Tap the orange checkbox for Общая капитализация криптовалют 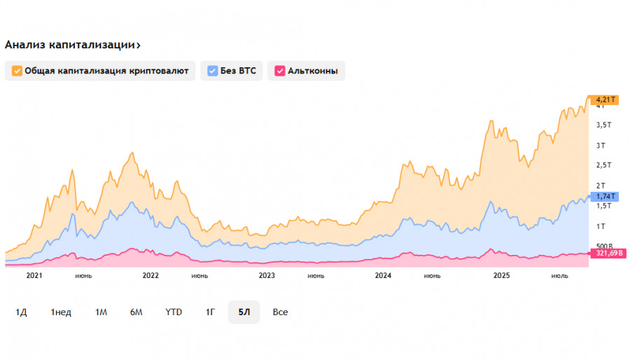pos(17,71)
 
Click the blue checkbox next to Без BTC pos(213,71)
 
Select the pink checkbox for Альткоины pos(280,71)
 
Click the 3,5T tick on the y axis pos(603,125)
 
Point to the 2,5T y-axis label pos(603,165)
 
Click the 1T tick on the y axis pos(600,226)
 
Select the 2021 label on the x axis pos(35,275)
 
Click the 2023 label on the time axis pos(267,275)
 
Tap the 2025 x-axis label pos(501,275)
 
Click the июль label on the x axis pos(560,275)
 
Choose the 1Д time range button pos(21,312)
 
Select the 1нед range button pos(61,312)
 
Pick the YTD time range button pos(174,312)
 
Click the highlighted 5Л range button pos(244,312)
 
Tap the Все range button pos(281,312)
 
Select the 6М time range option pos(136,312)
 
